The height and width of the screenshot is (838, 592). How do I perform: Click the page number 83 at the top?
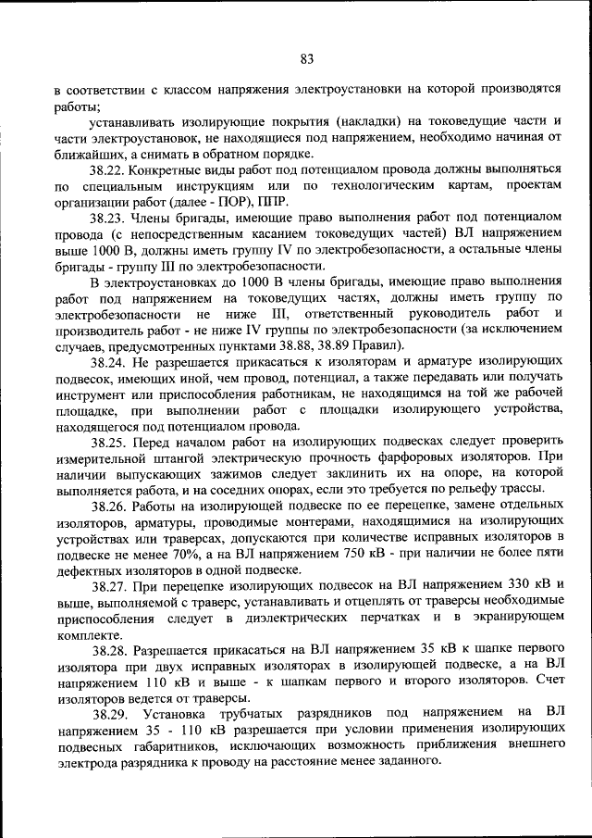307,59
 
